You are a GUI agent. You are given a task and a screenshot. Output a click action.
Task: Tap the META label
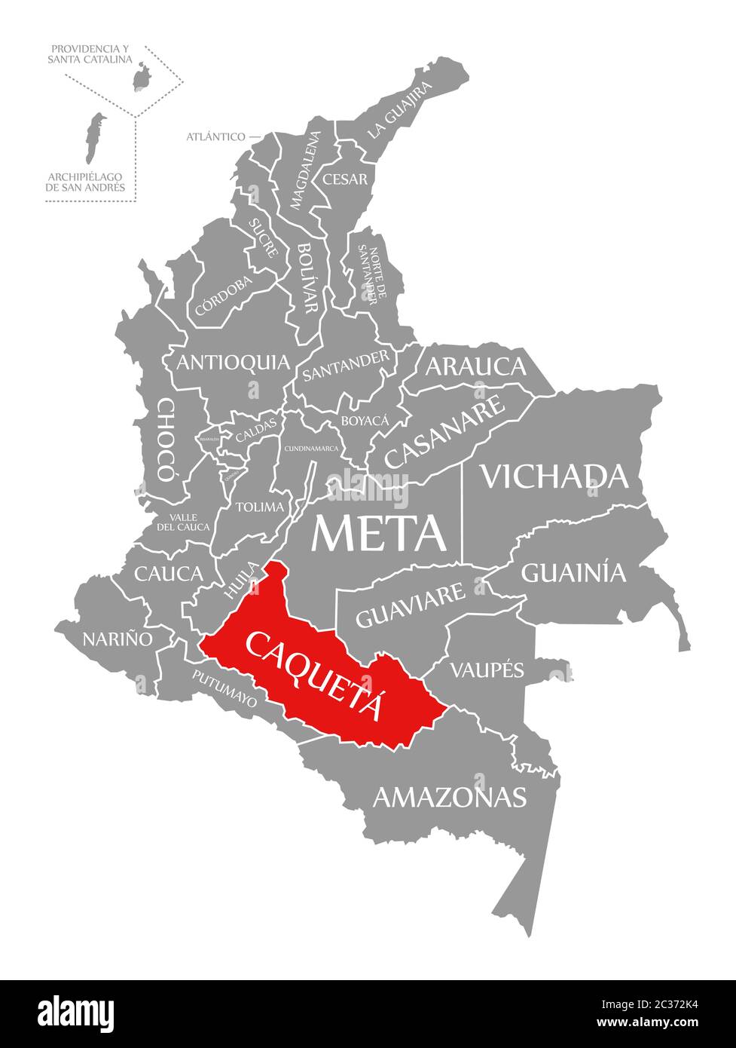click(379, 533)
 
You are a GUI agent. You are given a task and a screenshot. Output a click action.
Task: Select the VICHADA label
click(554, 476)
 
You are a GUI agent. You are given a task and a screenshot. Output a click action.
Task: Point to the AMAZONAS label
click(450, 796)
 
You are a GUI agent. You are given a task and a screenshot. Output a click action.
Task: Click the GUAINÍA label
click(573, 573)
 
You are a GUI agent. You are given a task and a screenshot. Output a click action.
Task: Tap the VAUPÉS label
click(487, 669)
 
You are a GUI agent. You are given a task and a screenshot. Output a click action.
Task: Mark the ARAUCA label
click(475, 366)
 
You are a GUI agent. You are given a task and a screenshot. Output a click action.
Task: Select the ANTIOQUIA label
click(233, 363)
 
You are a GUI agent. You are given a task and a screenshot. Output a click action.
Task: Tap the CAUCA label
click(169, 574)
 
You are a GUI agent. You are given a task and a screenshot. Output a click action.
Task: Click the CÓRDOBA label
click(223, 295)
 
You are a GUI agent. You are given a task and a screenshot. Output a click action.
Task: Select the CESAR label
click(345, 179)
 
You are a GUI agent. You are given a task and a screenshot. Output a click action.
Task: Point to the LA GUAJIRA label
click(400, 109)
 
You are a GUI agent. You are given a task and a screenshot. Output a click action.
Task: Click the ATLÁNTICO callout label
click(216, 136)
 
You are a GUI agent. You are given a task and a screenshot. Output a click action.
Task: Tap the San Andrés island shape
click(93, 138)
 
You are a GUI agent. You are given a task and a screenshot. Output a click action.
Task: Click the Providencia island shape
click(140, 76)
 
